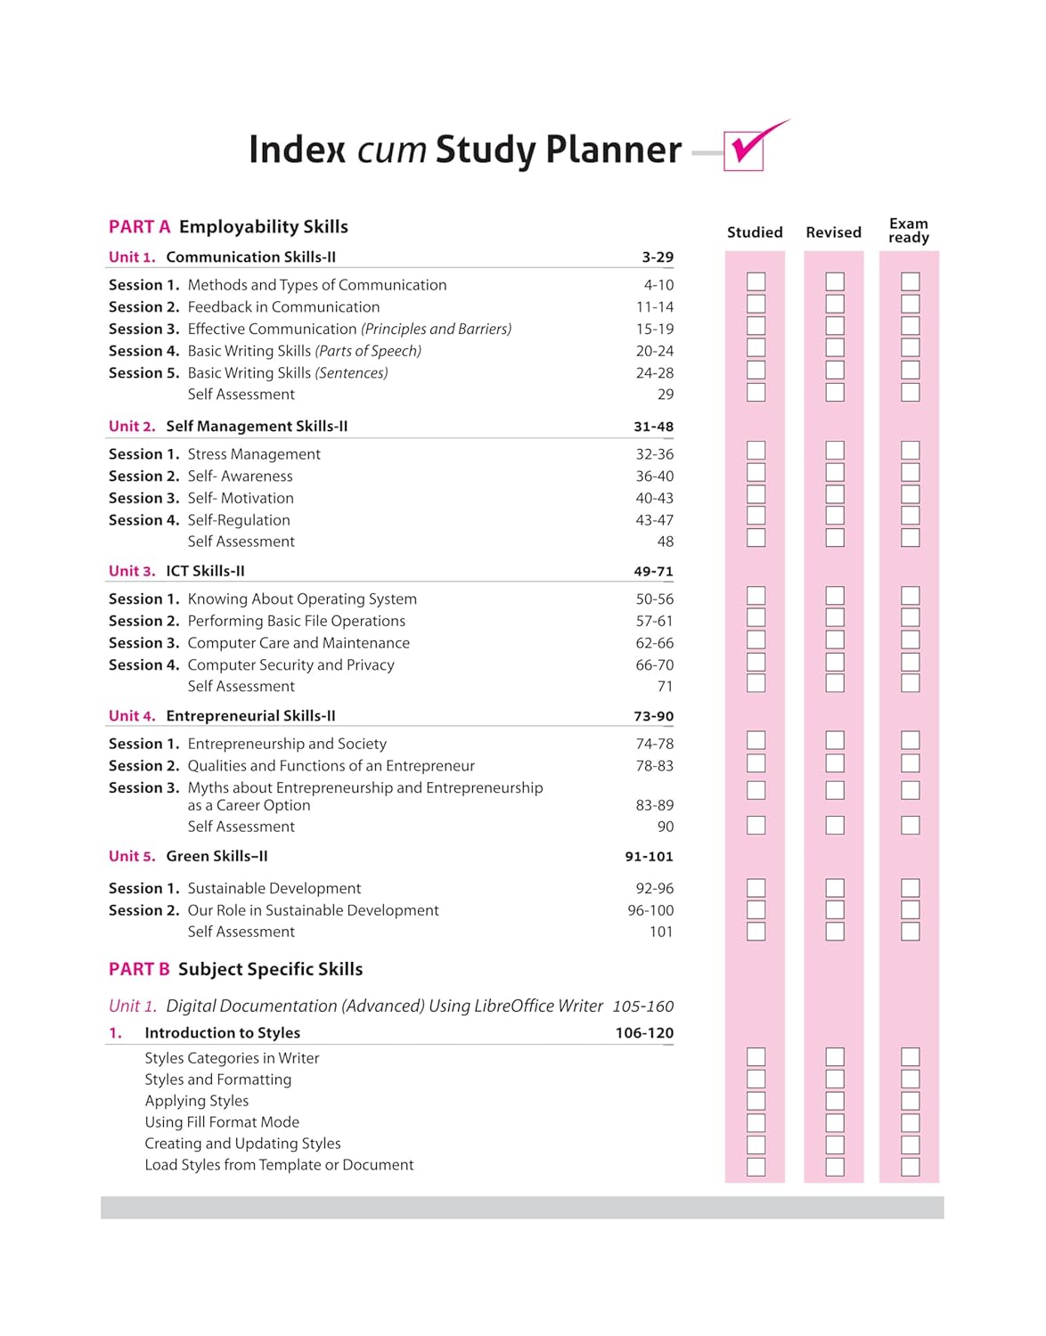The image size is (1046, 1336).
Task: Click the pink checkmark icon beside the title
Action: point(748,147)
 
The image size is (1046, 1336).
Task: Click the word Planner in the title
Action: point(613,150)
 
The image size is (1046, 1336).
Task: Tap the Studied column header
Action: point(755,232)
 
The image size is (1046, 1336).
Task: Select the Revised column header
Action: point(833,232)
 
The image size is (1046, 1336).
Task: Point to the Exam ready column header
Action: point(909,231)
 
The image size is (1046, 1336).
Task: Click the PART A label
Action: point(139,227)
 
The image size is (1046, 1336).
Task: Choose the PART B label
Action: point(139,969)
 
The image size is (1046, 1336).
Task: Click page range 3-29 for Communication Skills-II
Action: point(658,257)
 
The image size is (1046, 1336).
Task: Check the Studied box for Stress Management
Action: point(756,451)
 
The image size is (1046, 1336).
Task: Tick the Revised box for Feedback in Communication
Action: point(835,304)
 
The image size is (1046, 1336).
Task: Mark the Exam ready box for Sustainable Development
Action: point(911,888)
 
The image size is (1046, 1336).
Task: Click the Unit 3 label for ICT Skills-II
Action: point(132,571)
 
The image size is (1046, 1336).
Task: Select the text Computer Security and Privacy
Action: point(290,665)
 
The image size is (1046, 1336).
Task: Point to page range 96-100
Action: point(650,910)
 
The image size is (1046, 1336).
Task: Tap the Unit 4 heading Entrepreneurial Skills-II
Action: point(250,716)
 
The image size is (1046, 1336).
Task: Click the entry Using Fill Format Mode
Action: point(222,1122)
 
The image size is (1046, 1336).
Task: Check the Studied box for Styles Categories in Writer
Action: point(756,1057)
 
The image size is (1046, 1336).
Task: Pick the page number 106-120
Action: point(644,1033)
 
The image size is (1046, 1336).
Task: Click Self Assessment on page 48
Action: point(241,542)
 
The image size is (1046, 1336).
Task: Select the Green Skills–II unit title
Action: point(217,857)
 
